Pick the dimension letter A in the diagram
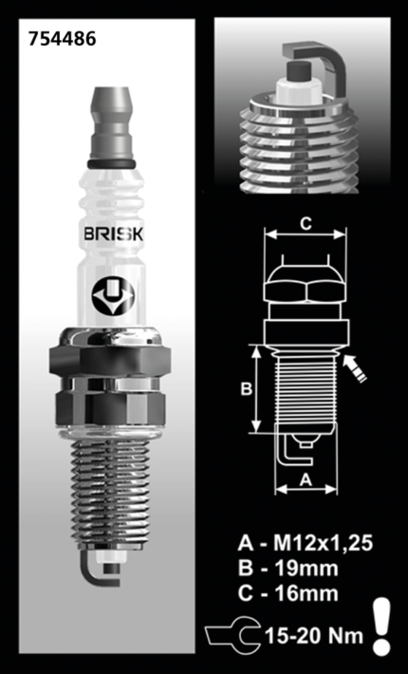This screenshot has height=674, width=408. (306, 479)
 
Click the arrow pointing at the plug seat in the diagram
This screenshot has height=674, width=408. (358, 367)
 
